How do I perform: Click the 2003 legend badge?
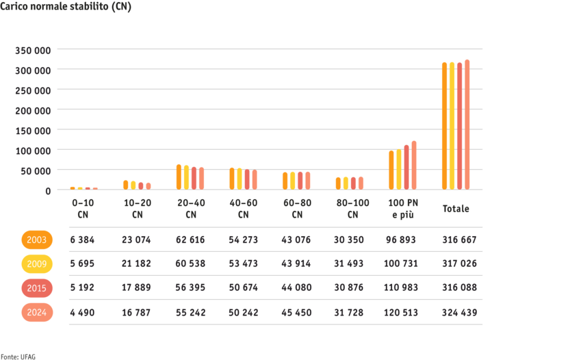coord(37,240)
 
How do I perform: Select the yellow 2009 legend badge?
coord(37,263)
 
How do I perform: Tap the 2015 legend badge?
coord(37,288)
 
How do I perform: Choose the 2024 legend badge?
coord(37,312)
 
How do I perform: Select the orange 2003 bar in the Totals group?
coord(444,126)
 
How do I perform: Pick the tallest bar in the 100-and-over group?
coord(414,165)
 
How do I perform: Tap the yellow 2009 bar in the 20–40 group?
coord(186,177)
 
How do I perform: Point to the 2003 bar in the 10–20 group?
coord(125,185)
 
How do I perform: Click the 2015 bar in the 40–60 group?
coord(247,179)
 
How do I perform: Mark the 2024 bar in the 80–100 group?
coord(361,183)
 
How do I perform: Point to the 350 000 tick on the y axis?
coord(34,50)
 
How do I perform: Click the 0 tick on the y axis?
coord(48,190)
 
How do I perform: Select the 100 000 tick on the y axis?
coord(34,150)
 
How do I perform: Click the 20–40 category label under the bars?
coord(190,208)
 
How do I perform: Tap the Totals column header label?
coord(456,208)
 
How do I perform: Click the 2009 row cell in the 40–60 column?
coord(244,263)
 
